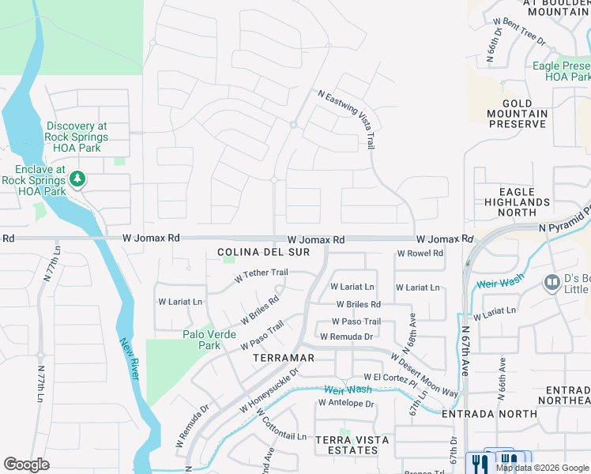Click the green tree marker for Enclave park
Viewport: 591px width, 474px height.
77,179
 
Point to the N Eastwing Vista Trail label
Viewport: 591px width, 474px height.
346,118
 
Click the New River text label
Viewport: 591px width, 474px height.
130,359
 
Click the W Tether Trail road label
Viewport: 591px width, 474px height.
261,275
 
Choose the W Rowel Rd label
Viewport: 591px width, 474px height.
420,254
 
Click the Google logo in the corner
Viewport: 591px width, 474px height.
26,465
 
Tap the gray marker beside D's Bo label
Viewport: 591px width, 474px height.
551,282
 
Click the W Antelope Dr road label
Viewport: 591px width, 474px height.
345,403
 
